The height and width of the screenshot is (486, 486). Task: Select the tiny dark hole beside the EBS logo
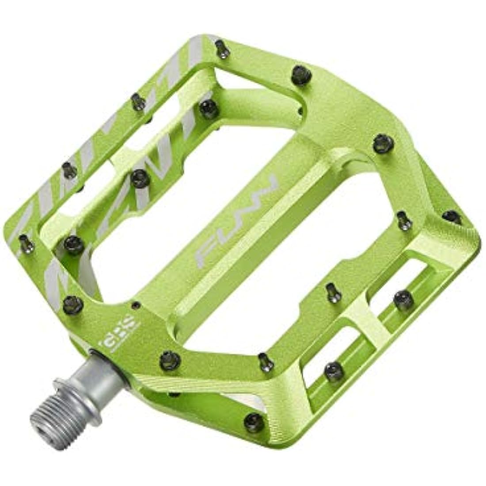tap(136, 304)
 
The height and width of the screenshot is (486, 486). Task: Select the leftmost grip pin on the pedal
tap(27, 243)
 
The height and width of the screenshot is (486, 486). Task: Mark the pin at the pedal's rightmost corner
tap(452, 216)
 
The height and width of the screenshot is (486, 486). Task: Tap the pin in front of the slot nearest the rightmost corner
tap(403, 300)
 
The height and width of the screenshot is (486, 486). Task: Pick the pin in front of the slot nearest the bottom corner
tap(334, 371)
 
